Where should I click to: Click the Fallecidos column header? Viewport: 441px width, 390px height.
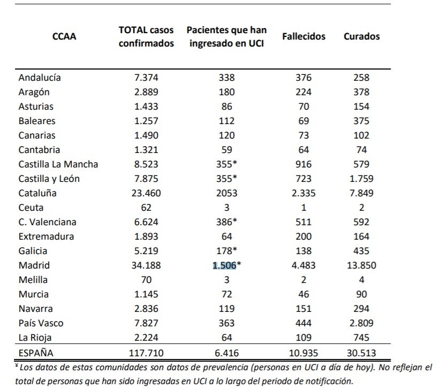point(303,36)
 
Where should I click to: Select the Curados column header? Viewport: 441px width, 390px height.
point(361,36)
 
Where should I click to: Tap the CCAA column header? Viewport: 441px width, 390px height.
point(64,36)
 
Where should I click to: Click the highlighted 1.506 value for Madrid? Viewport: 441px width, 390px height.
point(224,265)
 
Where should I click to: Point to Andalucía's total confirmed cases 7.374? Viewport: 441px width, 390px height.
point(146,78)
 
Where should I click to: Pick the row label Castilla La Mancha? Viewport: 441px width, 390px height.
point(58,164)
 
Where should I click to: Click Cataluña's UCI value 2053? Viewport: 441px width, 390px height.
point(226,193)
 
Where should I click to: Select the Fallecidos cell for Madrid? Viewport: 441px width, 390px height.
point(303,265)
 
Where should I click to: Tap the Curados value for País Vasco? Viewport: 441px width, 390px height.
point(361,323)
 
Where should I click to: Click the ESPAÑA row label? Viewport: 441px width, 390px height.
point(36,353)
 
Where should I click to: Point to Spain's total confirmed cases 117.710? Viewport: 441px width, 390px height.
point(146,353)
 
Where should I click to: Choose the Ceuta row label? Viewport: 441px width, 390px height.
point(31,208)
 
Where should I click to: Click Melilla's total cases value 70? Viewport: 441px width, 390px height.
point(146,280)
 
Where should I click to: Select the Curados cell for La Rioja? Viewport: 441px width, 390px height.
point(361,338)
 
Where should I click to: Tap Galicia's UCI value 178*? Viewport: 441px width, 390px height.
point(226,251)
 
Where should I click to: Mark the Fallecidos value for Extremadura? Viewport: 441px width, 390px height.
point(303,236)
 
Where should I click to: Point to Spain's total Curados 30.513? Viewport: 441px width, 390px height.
point(361,353)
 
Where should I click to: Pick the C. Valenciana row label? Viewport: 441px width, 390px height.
point(47,222)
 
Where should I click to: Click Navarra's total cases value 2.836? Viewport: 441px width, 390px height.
point(146,309)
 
